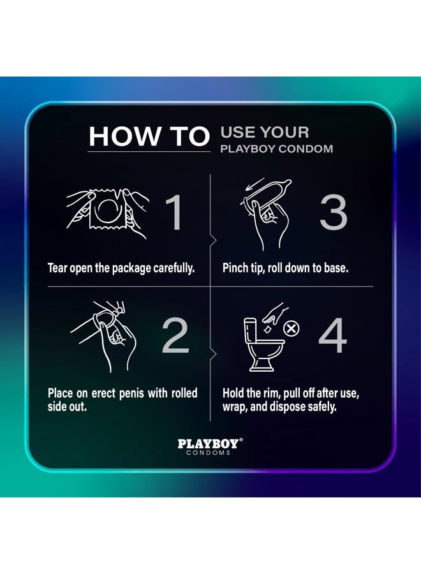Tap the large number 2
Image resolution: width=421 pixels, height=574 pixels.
177,337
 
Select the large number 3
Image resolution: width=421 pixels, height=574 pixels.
333,212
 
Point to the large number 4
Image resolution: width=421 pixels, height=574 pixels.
332,337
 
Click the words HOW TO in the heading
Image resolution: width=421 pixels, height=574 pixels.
149,136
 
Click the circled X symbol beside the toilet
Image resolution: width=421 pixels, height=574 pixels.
292,328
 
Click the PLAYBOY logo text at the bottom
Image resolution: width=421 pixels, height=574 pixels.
209,443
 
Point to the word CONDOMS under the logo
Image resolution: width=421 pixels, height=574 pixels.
209,453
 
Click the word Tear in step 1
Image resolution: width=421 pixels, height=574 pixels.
59,267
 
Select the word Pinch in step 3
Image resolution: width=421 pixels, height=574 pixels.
235,267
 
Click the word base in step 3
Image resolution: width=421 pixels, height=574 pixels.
336,267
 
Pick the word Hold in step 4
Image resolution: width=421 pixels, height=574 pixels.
234,393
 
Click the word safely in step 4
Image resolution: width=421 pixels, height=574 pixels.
320,407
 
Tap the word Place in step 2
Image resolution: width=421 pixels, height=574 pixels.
61,393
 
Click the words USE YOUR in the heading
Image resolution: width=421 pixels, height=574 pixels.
264,133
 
